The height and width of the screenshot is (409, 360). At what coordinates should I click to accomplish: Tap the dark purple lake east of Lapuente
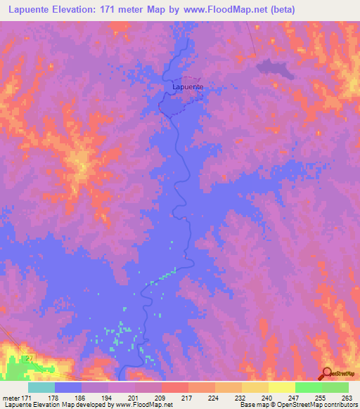[x=275, y=67]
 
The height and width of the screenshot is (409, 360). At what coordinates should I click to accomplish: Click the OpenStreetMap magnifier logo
[x=327, y=373]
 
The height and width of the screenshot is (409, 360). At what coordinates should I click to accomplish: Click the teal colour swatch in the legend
[x=41, y=387]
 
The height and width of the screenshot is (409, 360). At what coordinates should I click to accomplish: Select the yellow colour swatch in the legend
[x=281, y=387]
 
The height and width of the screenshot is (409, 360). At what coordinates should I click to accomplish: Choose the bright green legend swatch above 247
[x=308, y=387]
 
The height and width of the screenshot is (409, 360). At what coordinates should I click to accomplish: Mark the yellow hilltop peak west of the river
[x=82, y=168]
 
